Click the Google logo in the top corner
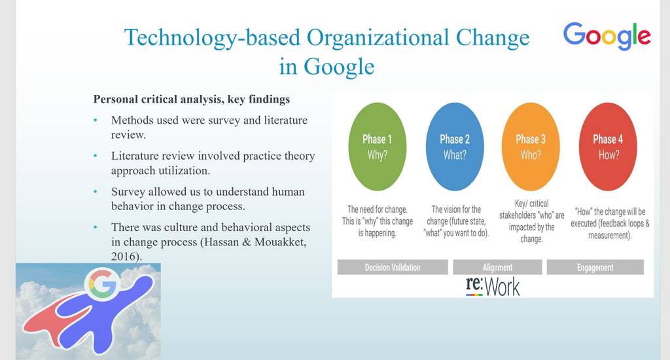tap(607, 36)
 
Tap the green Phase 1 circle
tap(378, 147)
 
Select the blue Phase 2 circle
tap(455, 147)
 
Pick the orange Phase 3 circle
tap(531, 147)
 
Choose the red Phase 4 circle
tap(608, 147)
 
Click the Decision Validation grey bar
tap(393, 267)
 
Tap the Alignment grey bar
tap(497, 267)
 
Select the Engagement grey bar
tap(595, 267)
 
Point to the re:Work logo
tap(493, 287)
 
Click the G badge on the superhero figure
tap(103, 283)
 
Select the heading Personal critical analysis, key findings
tap(192, 99)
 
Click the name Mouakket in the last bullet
tap(280, 242)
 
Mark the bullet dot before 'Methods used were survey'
tap(96, 120)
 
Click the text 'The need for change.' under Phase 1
tap(378, 209)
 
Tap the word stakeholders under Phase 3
tap(520, 215)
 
